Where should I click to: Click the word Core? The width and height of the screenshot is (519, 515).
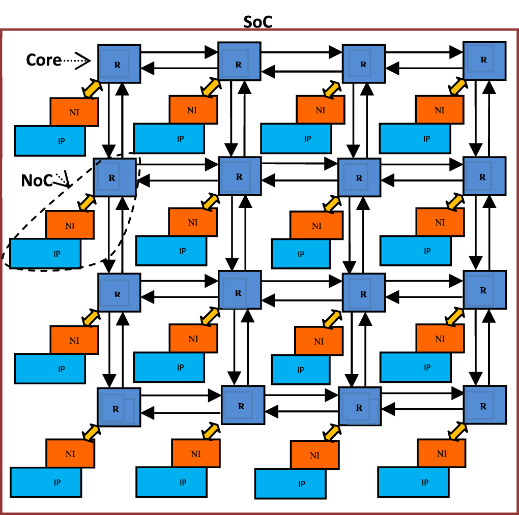(44, 60)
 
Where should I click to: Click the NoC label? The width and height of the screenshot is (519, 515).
(37, 180)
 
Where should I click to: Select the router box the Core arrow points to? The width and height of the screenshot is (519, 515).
(119, 64)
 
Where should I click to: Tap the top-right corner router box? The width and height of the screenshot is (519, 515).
(484, 60)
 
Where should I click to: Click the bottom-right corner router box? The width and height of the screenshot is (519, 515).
(484, 405)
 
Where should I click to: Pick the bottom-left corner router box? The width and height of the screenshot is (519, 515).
(119, 407)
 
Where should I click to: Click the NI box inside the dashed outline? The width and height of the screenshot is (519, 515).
(70, 225)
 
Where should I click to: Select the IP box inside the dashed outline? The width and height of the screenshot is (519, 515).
(45, 253)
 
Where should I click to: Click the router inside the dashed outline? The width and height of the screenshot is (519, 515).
(114, 177)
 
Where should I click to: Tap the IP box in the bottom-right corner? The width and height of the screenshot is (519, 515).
(413, 482)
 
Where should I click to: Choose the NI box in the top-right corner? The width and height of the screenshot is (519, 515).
(439, 109)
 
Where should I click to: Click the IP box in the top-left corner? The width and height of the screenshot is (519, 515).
(49, 140)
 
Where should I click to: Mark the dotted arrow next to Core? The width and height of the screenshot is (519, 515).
(76, 61)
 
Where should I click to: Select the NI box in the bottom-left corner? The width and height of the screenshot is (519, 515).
(70, 453)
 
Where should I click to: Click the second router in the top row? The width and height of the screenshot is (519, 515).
(239, 64)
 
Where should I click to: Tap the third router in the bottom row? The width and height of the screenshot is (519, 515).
(359, 407)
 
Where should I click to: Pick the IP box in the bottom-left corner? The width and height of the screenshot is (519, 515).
(45, 482)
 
